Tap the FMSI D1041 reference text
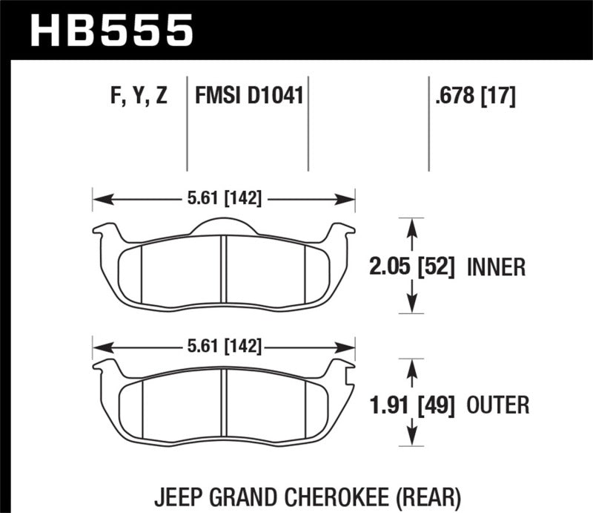click(x=249, y=97)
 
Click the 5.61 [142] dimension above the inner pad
click(x=223, y=199)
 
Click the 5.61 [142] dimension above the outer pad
click(x=223, y=347)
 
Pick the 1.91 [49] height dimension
click(x=412, y=405)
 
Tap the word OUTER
click(x=498, y=405)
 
